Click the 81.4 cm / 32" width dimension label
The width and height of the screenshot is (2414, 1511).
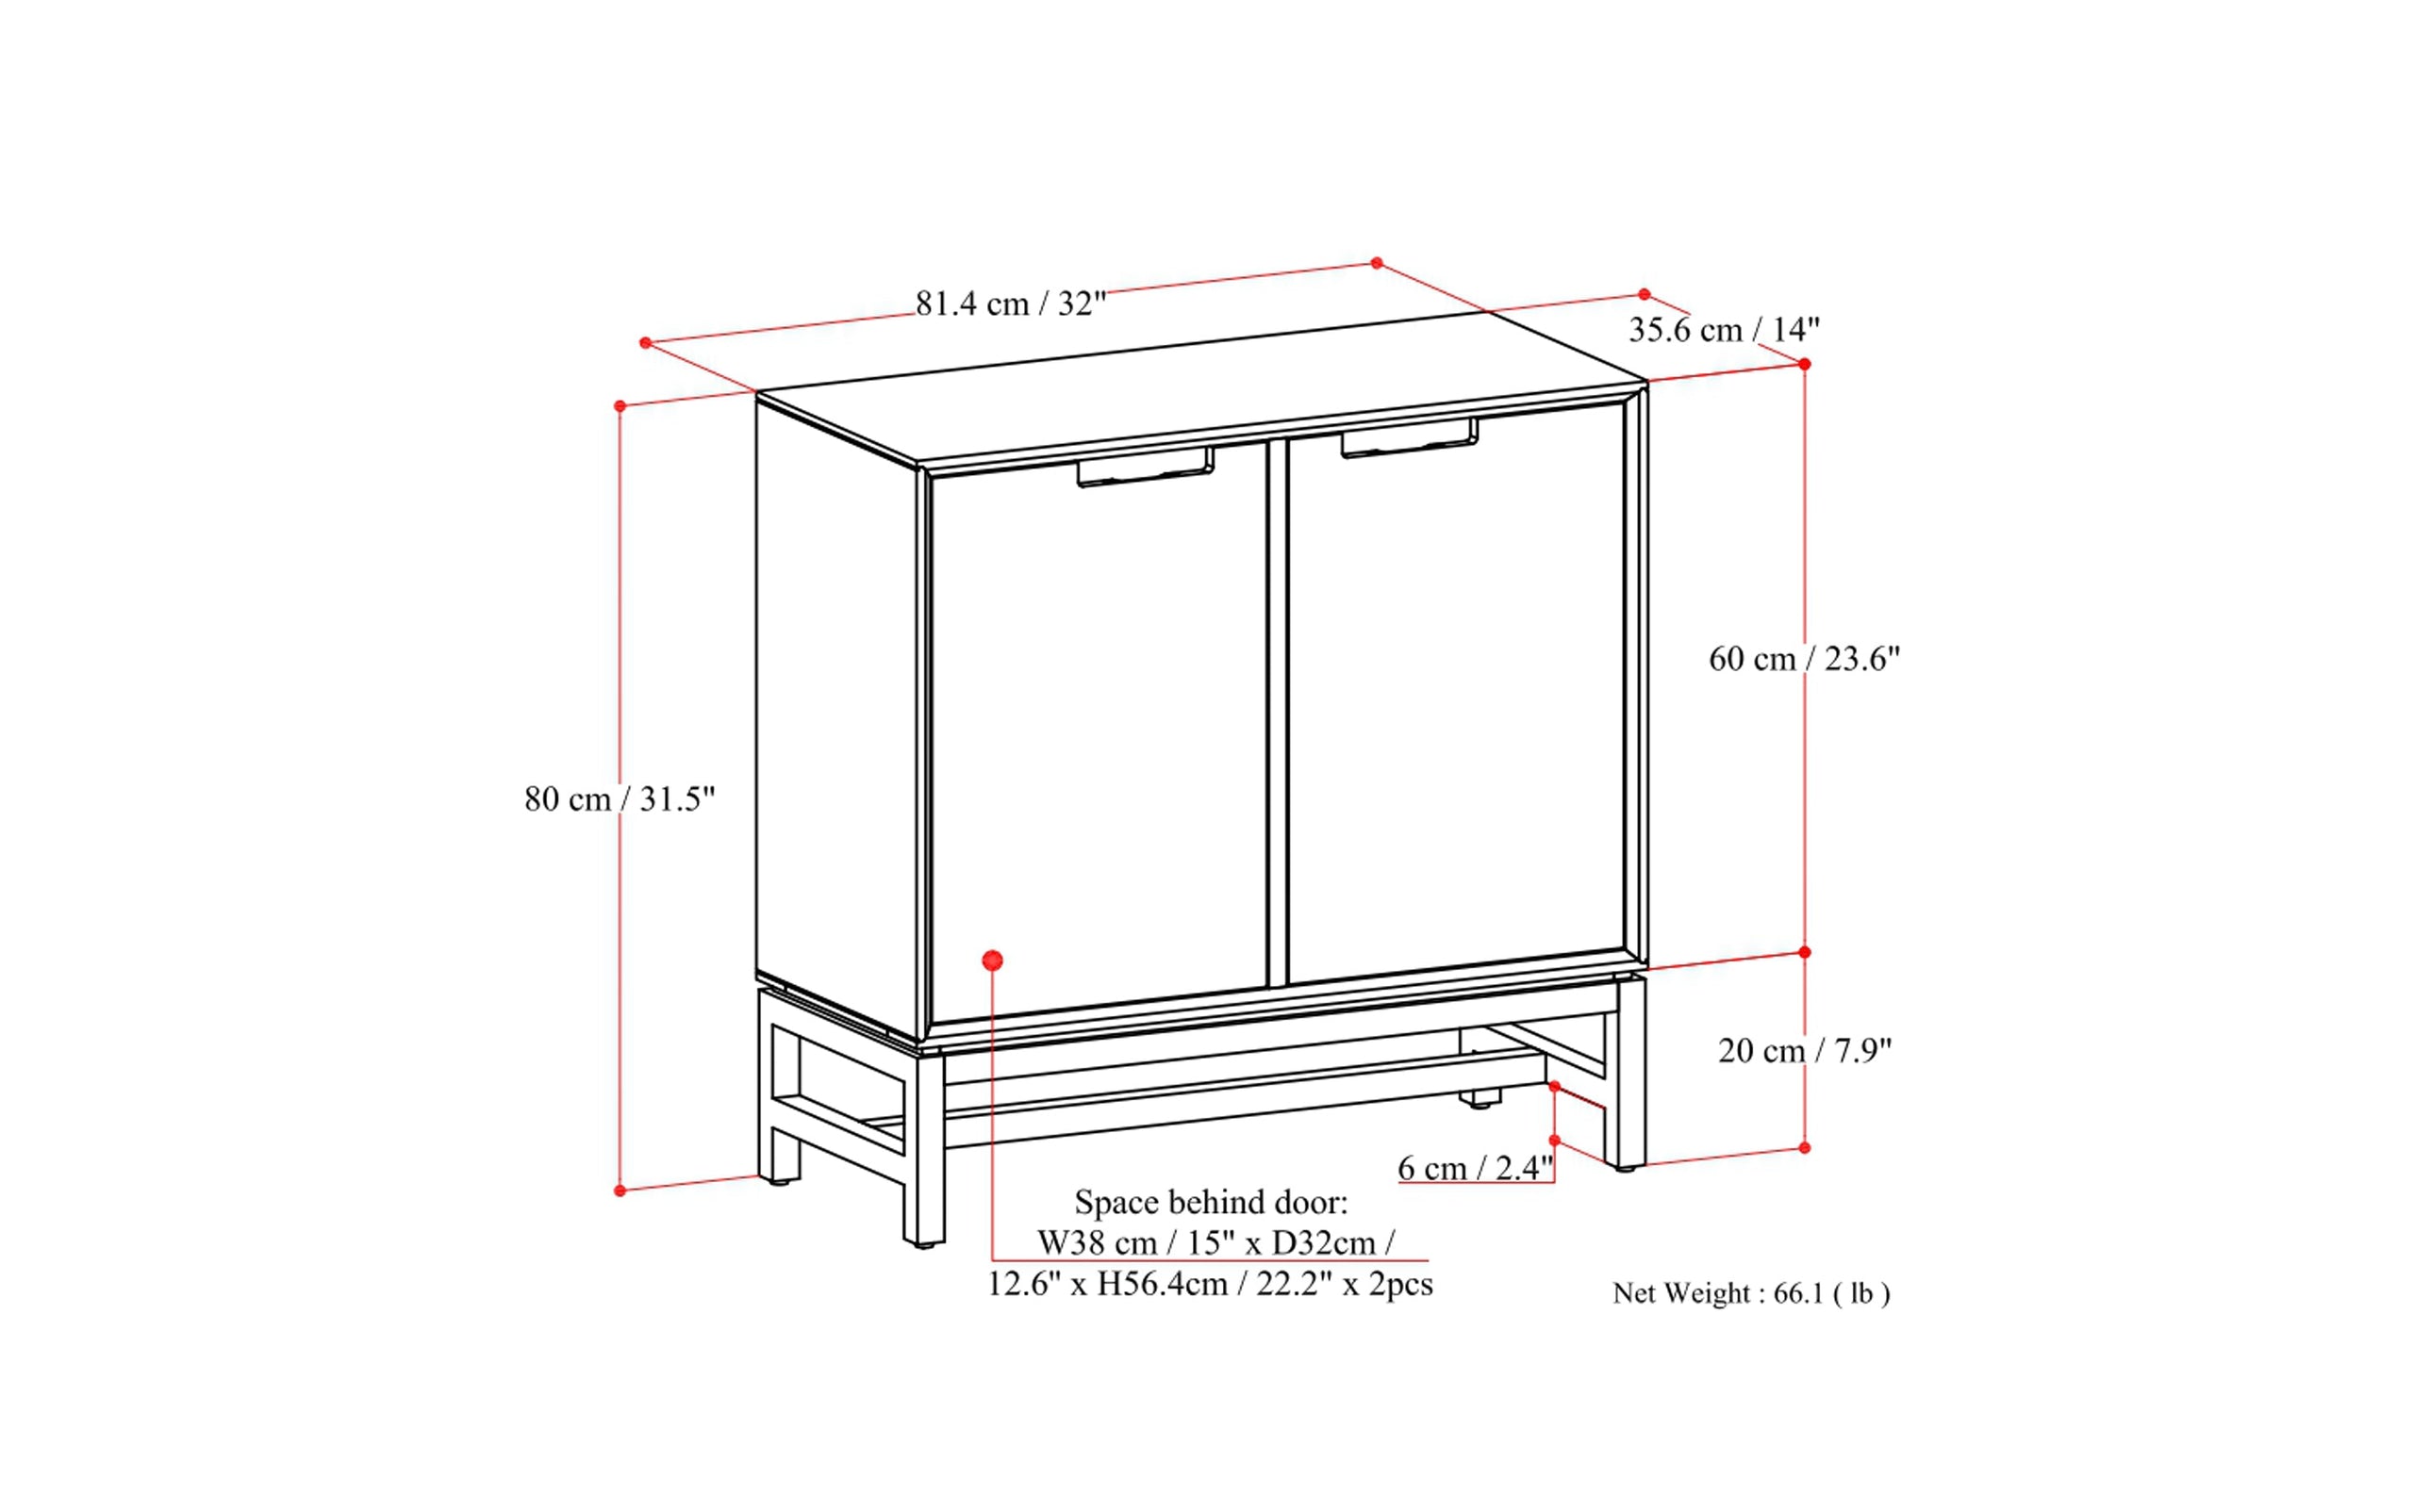click(1011, 303)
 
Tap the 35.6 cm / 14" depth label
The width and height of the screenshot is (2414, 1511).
click(1725, 329)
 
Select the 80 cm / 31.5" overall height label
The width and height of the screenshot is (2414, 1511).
click(620, 798)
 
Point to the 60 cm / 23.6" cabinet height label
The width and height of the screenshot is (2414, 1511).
click(1804, 659)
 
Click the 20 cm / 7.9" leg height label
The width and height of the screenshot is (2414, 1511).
click(1805, 1050)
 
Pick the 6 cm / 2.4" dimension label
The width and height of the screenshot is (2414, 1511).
click(1476, 1167)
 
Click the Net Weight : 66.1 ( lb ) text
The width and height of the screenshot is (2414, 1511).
click(1751, 1293)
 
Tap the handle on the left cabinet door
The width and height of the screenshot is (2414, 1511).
click(1146, 468)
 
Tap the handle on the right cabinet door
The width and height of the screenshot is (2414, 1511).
click(1410, 438)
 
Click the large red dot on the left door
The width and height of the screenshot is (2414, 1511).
click(993, 961)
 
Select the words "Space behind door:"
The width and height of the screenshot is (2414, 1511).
click(1212, 1201)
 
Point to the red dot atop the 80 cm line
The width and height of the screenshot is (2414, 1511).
click(620, 405)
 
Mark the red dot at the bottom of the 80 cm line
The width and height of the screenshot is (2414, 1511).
click(620, 1191)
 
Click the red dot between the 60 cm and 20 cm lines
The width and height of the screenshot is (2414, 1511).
click(1804, 952)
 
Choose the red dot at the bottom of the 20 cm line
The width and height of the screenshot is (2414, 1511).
click(1804, 1148)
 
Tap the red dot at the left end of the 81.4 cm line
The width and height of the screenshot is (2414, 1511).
click(646, 343)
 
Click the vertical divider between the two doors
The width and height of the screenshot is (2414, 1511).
click(1278, 713)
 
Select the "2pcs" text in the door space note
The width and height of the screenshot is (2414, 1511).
click(1400, 1284)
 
